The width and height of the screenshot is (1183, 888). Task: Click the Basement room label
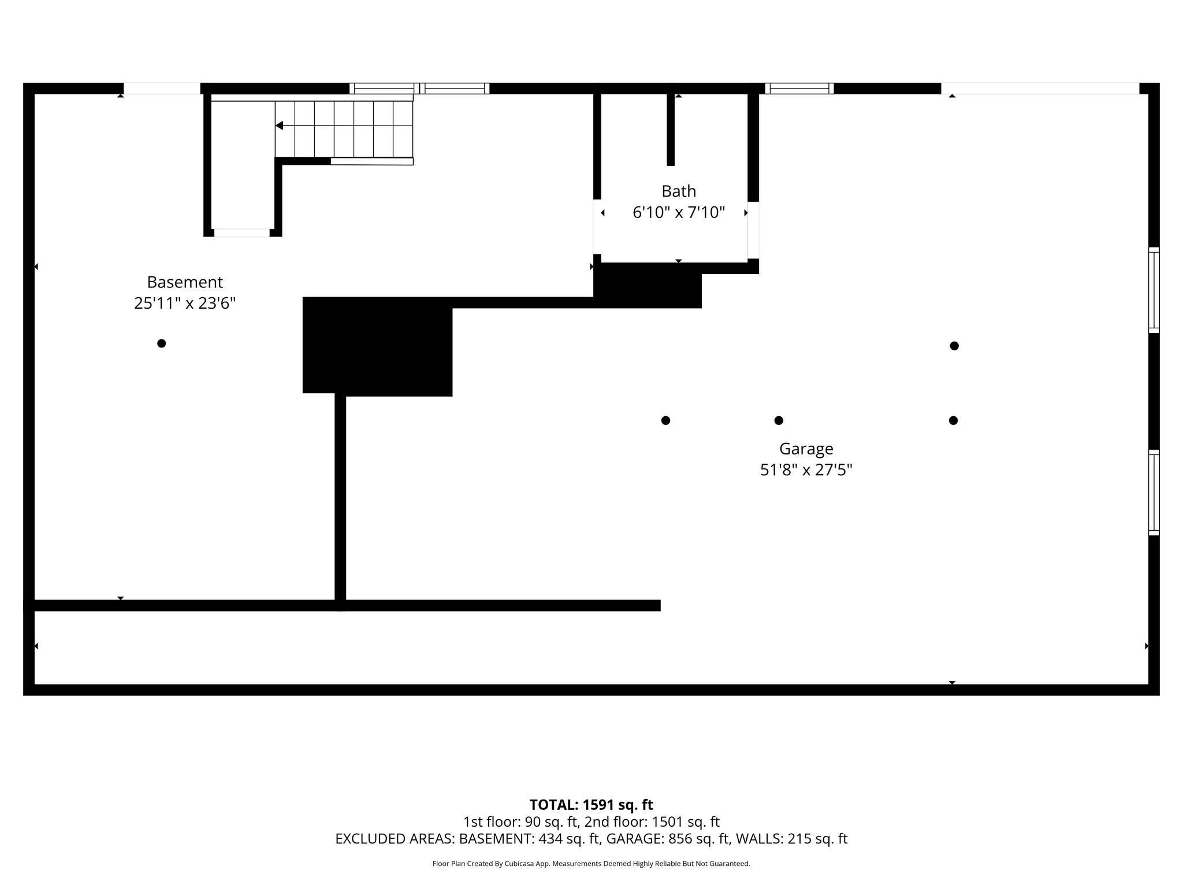184,282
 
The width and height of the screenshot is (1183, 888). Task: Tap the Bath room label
678,191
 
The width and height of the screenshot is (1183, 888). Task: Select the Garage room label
806,449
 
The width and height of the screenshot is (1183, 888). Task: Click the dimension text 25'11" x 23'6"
184,304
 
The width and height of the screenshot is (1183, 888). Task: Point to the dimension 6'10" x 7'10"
678,213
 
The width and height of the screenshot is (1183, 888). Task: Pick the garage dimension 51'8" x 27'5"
806,470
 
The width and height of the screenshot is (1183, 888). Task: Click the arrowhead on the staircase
279,125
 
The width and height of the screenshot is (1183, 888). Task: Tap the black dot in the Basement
162,343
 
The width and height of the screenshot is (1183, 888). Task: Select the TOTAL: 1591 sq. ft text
591,805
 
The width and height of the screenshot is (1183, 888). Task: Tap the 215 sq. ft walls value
817,839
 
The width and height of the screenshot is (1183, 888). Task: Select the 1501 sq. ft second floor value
686,822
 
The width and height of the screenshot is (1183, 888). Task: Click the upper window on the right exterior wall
1154,290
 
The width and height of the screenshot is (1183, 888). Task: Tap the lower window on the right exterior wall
1154,493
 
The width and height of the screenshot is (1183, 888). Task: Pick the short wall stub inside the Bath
671,130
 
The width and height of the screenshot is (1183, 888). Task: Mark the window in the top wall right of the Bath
799,88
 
